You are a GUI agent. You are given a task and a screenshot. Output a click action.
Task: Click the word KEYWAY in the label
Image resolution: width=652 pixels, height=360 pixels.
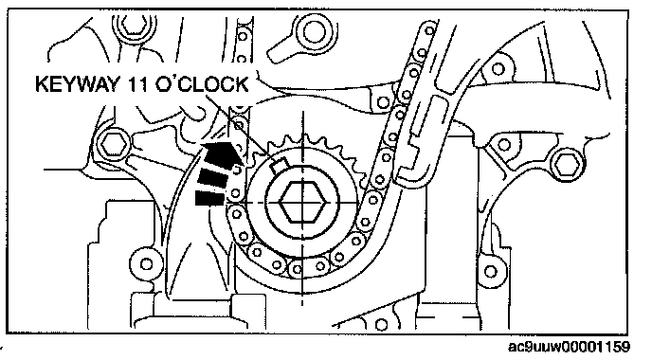[78, 84]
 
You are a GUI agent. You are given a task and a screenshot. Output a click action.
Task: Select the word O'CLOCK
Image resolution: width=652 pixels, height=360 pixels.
[202, 84]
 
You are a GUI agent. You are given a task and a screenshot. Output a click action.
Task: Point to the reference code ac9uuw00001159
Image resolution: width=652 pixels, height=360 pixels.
[569, 347]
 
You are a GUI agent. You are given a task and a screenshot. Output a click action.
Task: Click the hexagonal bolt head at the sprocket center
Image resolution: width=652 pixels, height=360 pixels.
[302, 203]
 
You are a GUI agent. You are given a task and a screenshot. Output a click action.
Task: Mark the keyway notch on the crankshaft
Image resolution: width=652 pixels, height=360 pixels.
[278, 167]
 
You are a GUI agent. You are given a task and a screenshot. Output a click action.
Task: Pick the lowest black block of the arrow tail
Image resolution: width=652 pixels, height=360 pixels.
[210, 198]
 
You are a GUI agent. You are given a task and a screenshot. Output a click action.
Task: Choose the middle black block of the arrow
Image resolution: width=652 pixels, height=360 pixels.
[213, 177]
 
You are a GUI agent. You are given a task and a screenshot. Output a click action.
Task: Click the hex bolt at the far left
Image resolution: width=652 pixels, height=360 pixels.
[113, 144]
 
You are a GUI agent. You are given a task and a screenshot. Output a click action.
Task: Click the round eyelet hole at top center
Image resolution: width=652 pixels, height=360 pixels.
[313, 31]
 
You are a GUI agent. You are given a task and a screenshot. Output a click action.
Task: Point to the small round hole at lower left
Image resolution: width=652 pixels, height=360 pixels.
[146, 263]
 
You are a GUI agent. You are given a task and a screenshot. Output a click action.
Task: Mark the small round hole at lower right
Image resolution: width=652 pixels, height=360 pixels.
[491, 272]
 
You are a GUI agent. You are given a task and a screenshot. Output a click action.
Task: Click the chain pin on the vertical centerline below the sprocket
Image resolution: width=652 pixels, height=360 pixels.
[297, 270]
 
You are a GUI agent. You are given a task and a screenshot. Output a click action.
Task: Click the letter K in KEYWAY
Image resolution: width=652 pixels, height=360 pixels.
[42, 84]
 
